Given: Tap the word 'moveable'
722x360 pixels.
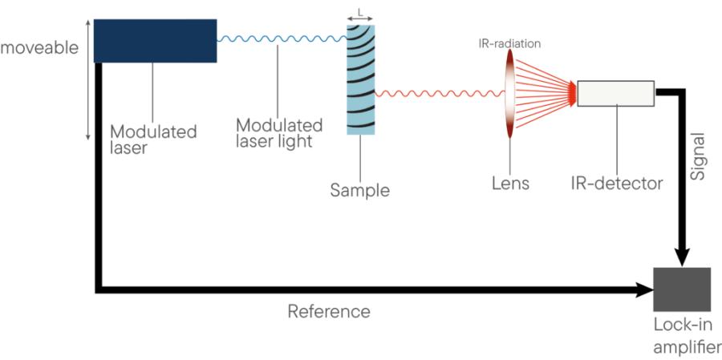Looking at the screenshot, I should pyautogui.click(x=39, y=47).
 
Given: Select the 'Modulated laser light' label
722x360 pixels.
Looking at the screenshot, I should pyautogui.click(x=279, y=134).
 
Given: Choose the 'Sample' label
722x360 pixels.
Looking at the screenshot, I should pyautogui.click(x=359, y=191).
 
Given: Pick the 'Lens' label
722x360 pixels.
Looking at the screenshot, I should pyautogui.click(x=510, y=184).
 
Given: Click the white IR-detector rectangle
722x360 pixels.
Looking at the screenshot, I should pyautogui.click(x=615, y=93).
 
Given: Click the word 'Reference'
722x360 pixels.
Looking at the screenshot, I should pyautogui.click(x=329, y=310).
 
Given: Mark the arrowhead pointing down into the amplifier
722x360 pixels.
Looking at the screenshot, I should pyautogui.click(x=680, y=257).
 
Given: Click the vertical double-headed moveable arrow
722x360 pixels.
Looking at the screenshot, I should pyautogui.click(x=88, y=88).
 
